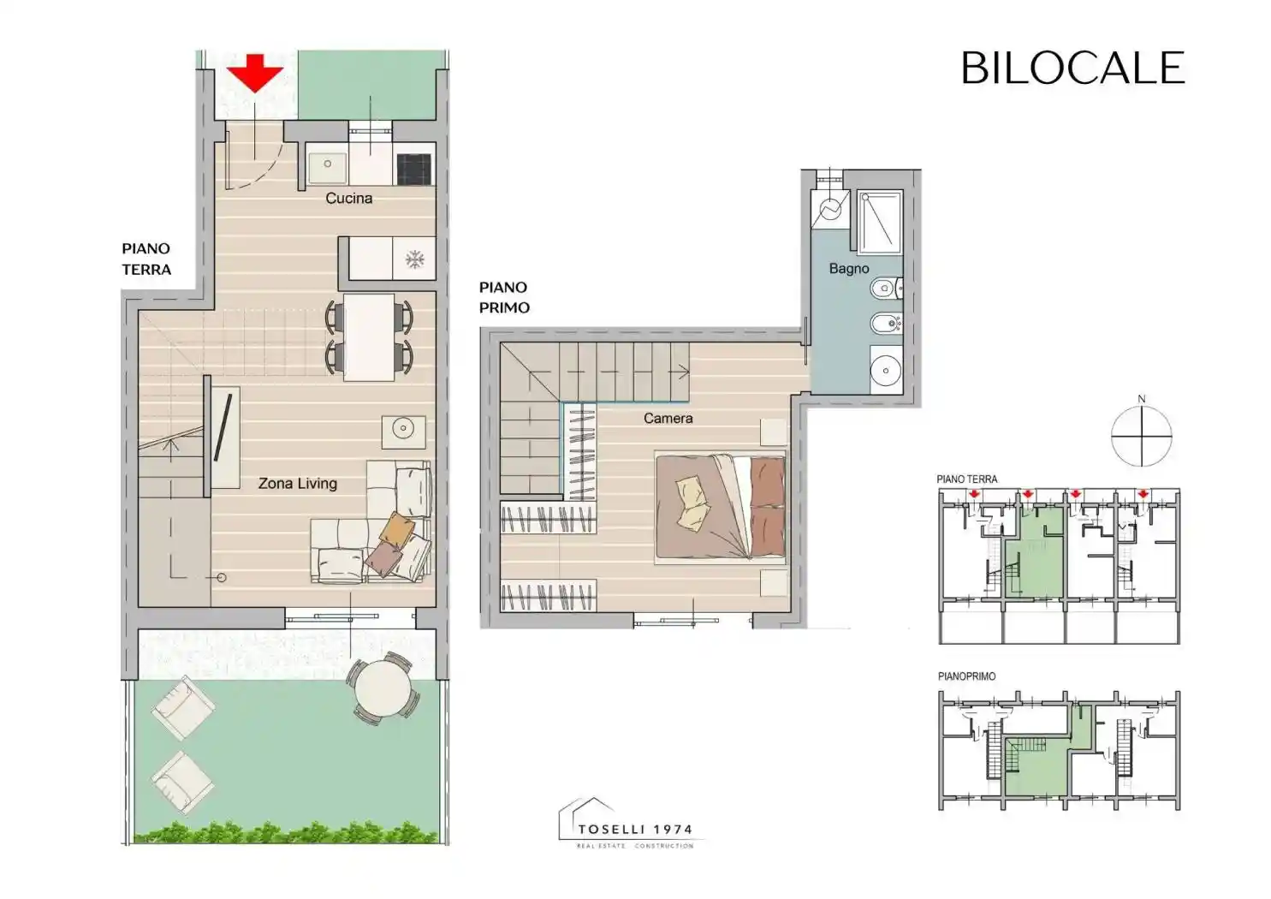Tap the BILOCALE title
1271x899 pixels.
pyautogui.click(x=1072, y=68)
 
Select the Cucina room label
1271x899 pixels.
pyautogui.click(x=349, y=198)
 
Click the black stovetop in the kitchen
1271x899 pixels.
pyautogui.click(x=414, y=170)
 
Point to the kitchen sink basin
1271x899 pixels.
pyautogui.click(x=328, y=164)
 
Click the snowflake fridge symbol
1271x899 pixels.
pyautogui.click(x=415, y=260)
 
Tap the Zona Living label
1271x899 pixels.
pyautogui.click(x=297, y=483)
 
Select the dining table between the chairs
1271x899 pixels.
pyautogui.click(x=369, y=337)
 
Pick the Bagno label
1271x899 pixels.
pyautogui.click(x=849, y=269)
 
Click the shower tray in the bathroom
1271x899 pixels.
pyautogui.click(x=880, y=223)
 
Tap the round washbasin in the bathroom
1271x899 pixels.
pyautogui.click(x=886, y=371)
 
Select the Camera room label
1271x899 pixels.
pyautogui.click(x=668, y=419)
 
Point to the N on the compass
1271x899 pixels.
pyautogui.click(x=1142, y=399)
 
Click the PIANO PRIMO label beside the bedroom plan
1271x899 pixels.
pyautogui.click(x=504, y=297)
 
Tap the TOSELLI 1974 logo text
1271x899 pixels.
pyautogui.click(x=635, y=829)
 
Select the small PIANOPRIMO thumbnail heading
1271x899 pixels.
pyautogui.click(x=967, y=676)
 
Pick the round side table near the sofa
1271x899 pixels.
pyautogui.click(x=403, y=428)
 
